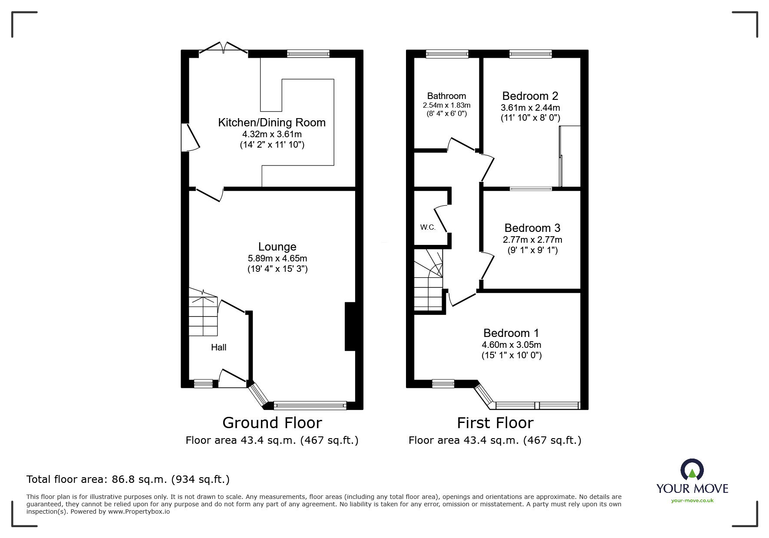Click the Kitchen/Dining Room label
[x=272, y=122]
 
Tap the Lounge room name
[x=277, y=247]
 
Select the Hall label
[x=218, y=347]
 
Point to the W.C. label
[x=428, y=228]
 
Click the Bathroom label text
[x=446, y=96]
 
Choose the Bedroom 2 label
[x=530, y=96]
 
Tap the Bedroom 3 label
[x=532, y=228]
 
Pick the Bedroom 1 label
[x=511, y=333]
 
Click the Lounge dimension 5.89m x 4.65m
[x=277, y=258]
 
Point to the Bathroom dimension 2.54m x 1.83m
[x=446, y=106]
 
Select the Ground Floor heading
[x=272, y=422]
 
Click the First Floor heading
[x=495, y=422]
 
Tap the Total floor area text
[x=128, y=479]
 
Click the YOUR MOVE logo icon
[x=692, y=470]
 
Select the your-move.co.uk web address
[x=692, y=501]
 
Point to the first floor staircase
[x=429, y=280]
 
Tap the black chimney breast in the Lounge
[x=350, y=326]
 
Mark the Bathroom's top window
[x=447, y=54]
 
